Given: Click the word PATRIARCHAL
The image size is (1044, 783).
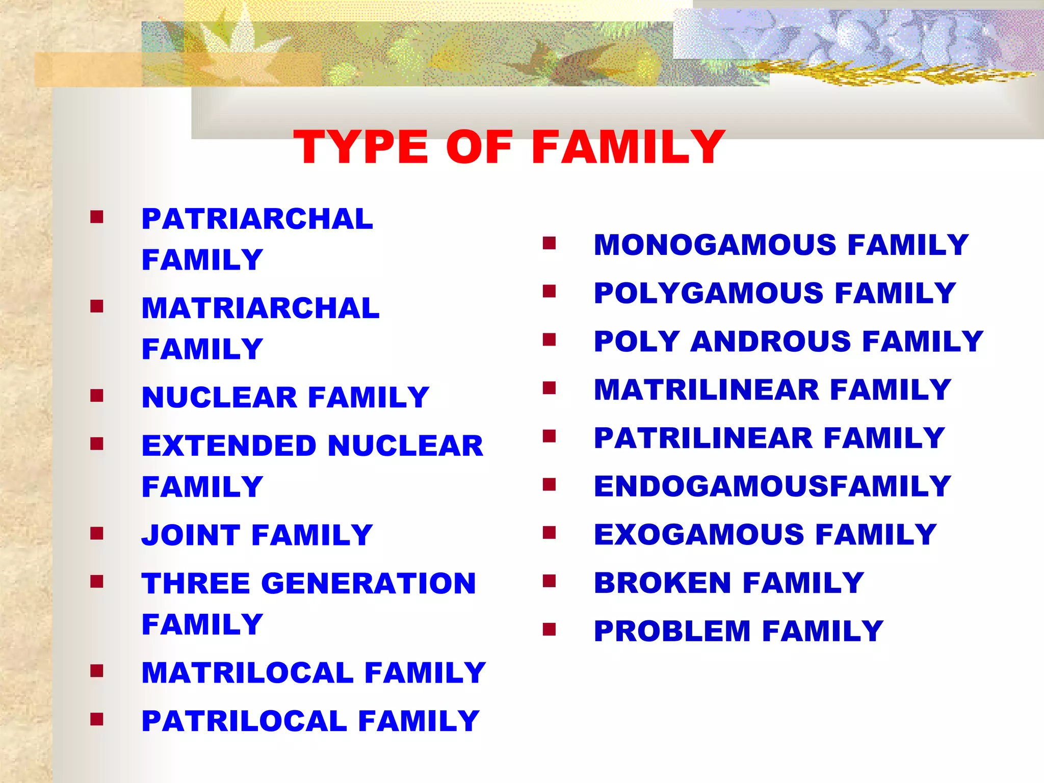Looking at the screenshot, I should pos(257,219).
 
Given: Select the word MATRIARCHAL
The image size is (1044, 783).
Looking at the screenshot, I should pos(260,308).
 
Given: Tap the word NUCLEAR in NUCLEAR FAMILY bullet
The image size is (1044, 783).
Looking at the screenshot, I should pos(219,398).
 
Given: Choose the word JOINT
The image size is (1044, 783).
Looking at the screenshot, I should pos(191,535).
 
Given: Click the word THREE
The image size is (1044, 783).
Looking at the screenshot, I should pos(196,584).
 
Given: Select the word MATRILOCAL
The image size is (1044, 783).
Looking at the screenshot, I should pos(248,673).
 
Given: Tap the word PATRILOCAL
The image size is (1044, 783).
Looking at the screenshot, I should pos(244,721).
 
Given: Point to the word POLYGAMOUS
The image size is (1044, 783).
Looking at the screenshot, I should pos(709,293).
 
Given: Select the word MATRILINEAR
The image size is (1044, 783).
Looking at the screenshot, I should pos(707,390).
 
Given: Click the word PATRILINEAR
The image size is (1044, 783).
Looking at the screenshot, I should pos(703,438).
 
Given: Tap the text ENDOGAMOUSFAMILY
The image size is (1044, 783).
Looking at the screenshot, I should pos(772,486).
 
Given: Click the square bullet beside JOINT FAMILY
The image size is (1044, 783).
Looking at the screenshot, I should pos(96,534).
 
